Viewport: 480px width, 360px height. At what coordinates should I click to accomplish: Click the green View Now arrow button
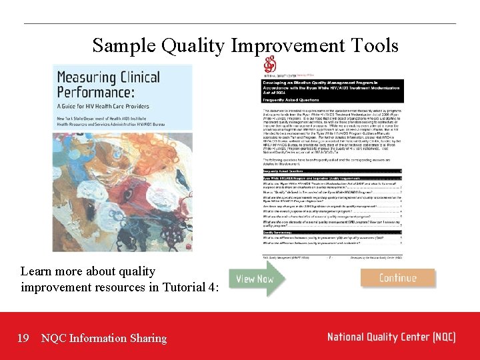pyautogui.click(x=256, y=278)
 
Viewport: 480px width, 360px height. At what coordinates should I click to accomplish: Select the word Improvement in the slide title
pyautogui.click(x=285, y=46)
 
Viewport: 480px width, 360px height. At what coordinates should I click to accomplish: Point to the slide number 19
pyautogui.click(x=23, y=338)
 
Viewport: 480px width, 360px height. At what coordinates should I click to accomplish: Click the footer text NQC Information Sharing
pyautogui.click(x=104, y=338)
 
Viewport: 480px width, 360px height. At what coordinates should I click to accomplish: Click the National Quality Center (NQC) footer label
pyautogui.click(x=391, y=337)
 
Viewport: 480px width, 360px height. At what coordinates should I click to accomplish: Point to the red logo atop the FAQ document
pyautogui.click(x=269, y=65)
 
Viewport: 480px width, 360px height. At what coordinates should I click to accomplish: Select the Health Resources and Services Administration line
pyautogui.click(x=116, y=124)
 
